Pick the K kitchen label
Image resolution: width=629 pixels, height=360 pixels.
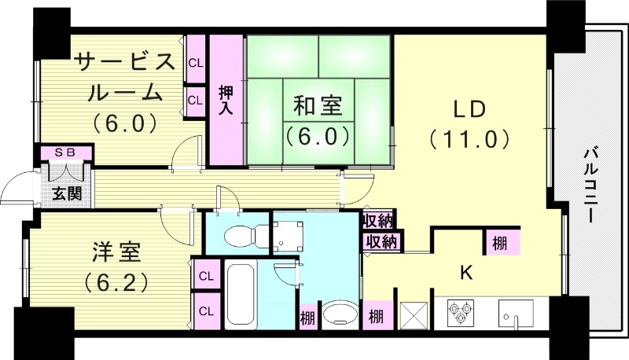point(465,272)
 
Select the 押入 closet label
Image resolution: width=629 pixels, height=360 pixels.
point(225,98)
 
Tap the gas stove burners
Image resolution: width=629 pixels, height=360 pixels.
point(459,314)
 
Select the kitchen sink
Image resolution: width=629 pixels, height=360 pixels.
point(515,313)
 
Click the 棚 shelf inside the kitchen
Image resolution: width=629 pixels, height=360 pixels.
point(501,241)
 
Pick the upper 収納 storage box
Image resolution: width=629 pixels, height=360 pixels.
point(380,220)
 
